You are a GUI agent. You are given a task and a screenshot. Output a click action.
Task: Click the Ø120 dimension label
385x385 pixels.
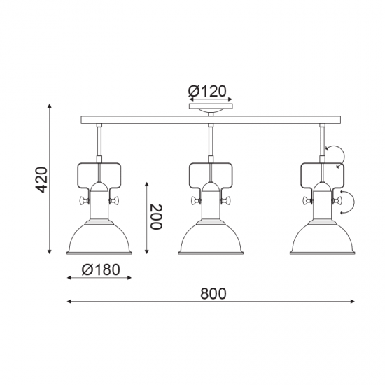pyautogui.click(x=206, y=91)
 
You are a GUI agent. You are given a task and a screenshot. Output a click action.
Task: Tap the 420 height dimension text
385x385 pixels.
pyautogui.click(x=41, y=179)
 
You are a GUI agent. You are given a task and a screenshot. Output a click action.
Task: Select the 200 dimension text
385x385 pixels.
pyautogui.click(x=156, y=217)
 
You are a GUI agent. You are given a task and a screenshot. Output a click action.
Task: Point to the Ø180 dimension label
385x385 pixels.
pyautogui.click(x=101, y=269)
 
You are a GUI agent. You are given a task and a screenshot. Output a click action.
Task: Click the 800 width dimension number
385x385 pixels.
pyautogui.click(x=213, y=294)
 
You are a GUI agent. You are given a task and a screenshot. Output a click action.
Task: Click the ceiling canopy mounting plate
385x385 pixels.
pyautogui.click(x=211, y=106)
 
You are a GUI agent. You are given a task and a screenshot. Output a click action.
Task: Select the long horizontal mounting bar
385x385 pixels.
pyautogui.click(x=211, y=119)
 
